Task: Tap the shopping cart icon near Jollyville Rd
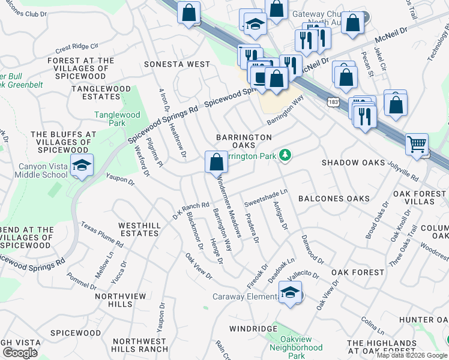tap(417, 144)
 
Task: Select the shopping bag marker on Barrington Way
tap(216, 161)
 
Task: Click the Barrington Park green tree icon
tap(286, 156)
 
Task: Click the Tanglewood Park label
tap(117, 119)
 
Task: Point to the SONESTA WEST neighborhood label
tap(176, 64)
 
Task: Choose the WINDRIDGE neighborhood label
tap(253, 329)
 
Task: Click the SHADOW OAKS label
tap(353, 163)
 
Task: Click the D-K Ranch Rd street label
tap(191, 209)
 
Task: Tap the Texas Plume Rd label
tap(102, 236)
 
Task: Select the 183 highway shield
tap(331, 103)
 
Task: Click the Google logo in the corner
tap(19, 353)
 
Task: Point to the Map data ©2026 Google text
tap(411, 355)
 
